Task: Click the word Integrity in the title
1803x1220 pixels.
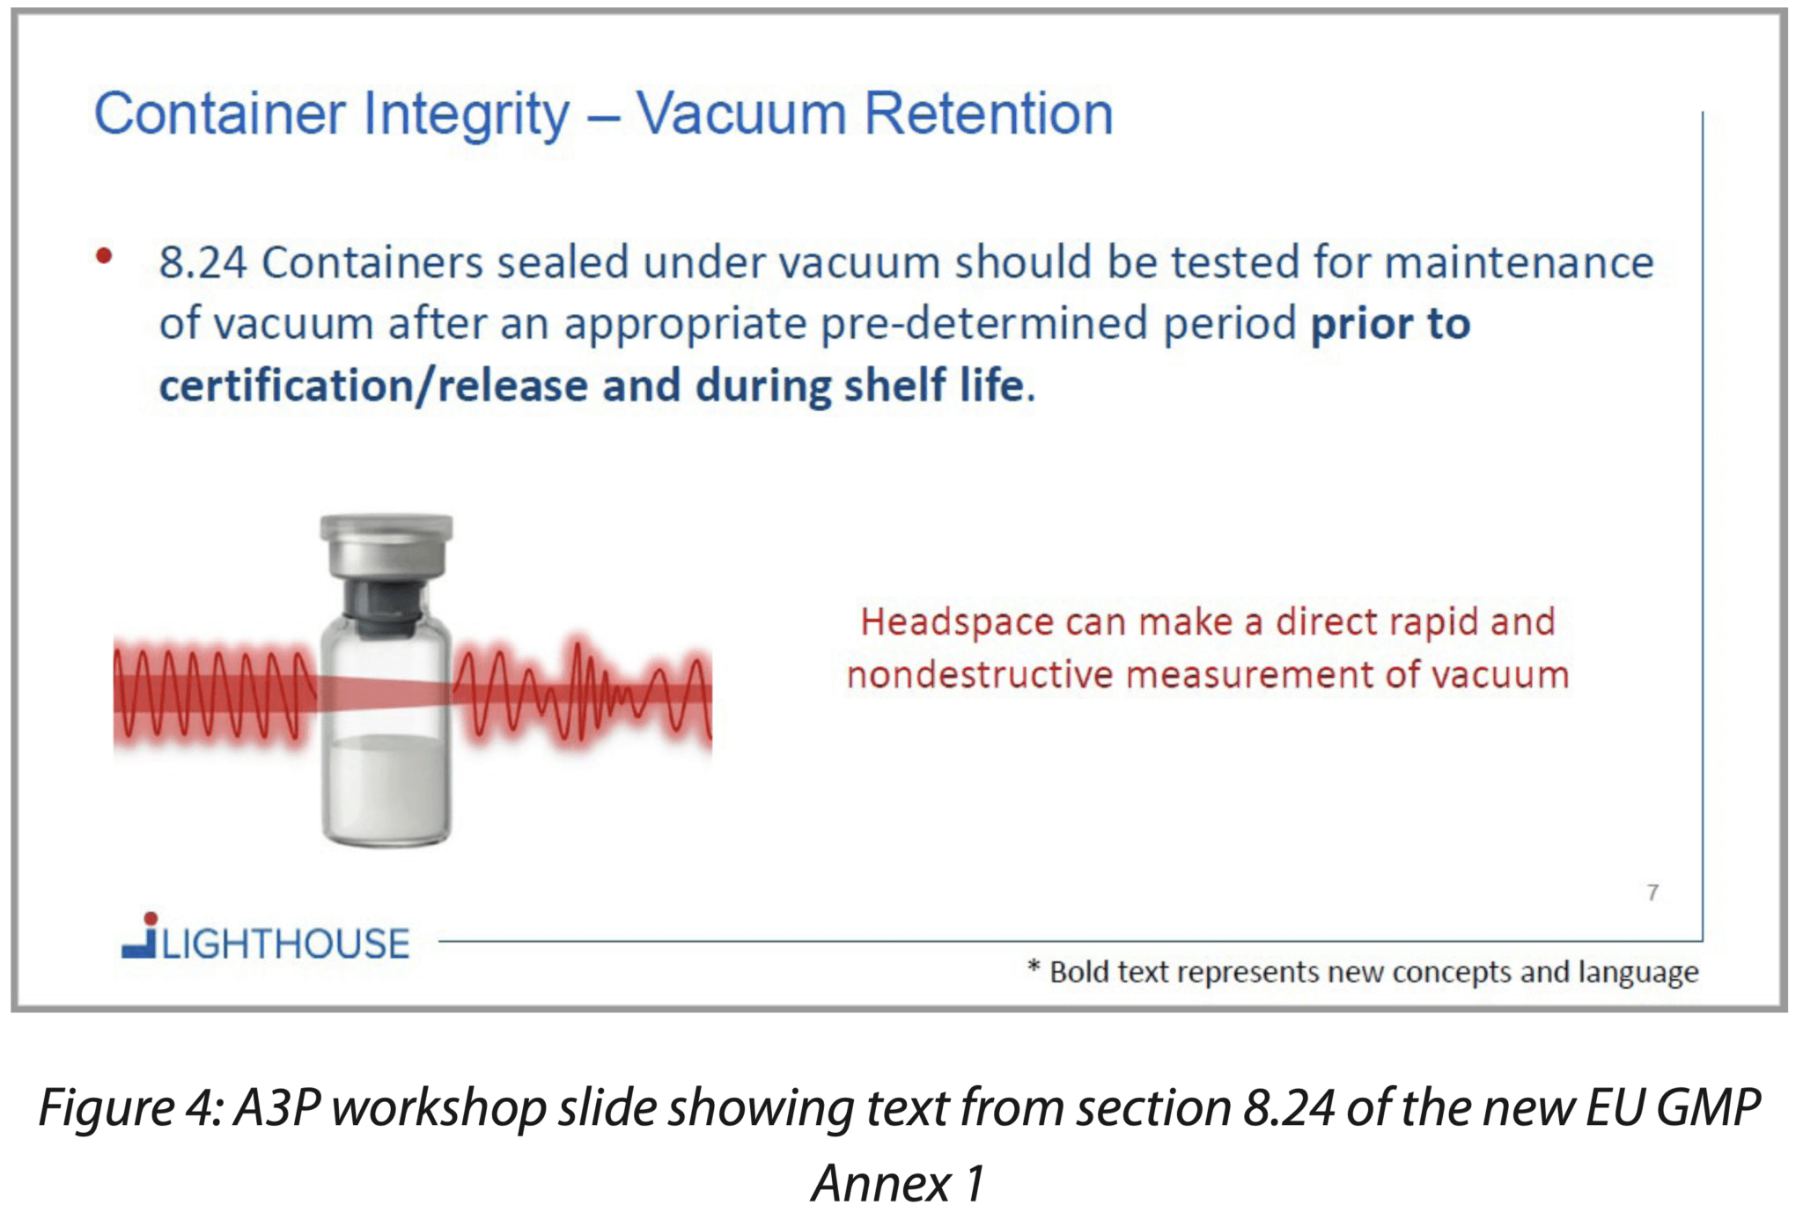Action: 466,115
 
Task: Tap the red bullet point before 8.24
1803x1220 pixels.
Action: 104,256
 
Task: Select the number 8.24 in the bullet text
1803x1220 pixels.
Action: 202,263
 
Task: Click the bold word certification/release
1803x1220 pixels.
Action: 373,386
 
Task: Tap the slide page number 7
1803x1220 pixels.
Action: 1652,893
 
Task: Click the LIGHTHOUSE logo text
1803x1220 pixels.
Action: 285,944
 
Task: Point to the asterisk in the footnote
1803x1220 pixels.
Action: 1034,968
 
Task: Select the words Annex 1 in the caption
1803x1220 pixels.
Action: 897,1183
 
